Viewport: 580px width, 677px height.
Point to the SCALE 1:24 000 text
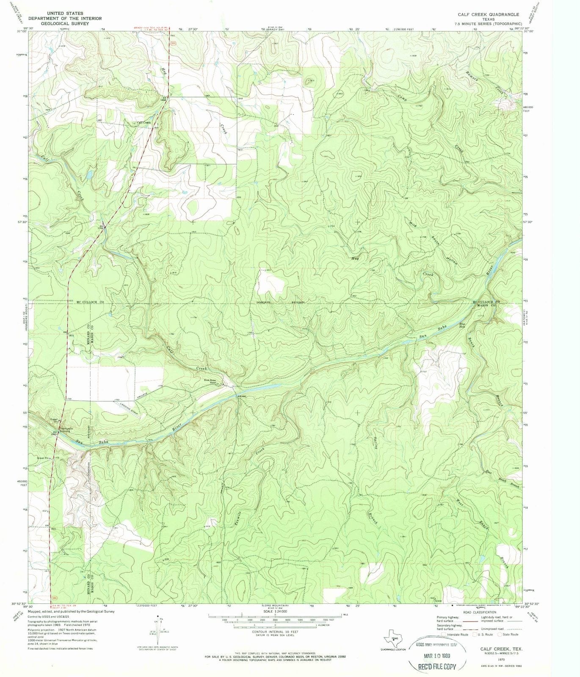pos(275,611)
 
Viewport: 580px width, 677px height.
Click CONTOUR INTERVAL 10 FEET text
pos(275,632)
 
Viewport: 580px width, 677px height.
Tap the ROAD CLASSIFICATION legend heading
pos(478,612)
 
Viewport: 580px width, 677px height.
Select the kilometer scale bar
pos(275,625)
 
